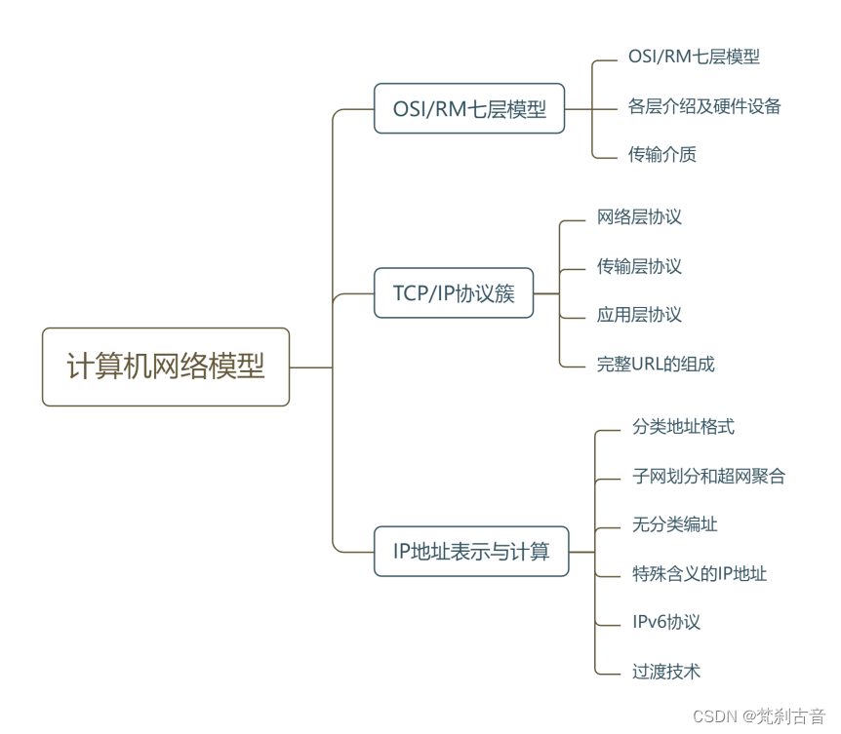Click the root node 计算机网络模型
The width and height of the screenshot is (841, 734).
point(166,367)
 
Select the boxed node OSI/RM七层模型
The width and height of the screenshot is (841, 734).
point(469,108)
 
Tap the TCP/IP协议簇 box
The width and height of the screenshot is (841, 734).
point(454,292)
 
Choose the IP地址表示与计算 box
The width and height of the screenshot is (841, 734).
point(471,552)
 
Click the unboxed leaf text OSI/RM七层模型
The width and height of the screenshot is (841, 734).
point(694,57)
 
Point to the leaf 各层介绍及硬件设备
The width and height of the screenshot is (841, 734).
point(704,105)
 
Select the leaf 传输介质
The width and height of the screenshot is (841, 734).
point(662,154)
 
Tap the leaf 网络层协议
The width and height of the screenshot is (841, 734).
point(639,217)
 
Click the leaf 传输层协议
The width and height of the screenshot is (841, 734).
point(639,266)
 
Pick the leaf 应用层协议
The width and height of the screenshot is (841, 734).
point(639,315)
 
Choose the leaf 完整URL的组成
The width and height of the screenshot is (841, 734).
point(656,365)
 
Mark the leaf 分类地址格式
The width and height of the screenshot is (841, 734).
point(683,427)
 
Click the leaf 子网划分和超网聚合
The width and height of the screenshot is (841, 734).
point(708,477)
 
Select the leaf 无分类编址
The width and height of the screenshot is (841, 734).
point(675,524)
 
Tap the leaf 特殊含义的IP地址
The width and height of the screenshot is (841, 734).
point(700,573)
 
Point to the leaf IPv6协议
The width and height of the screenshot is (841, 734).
point(666,622)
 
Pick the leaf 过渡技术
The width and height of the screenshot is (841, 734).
point(666,671)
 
